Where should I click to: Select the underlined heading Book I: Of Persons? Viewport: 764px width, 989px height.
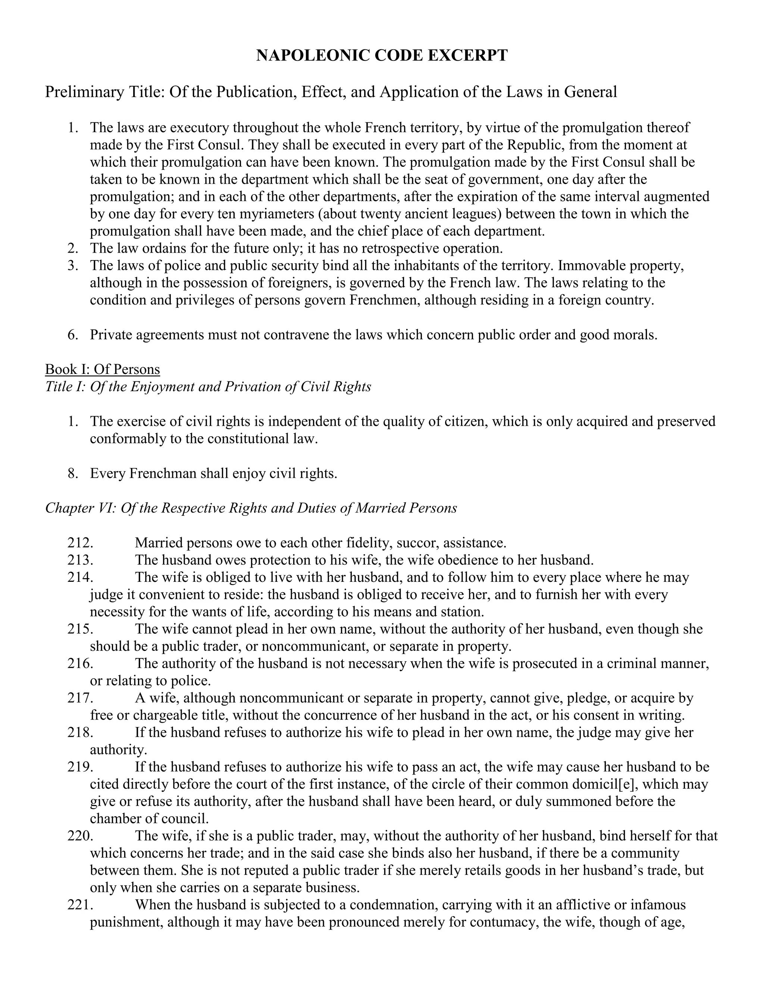[102, 369]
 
